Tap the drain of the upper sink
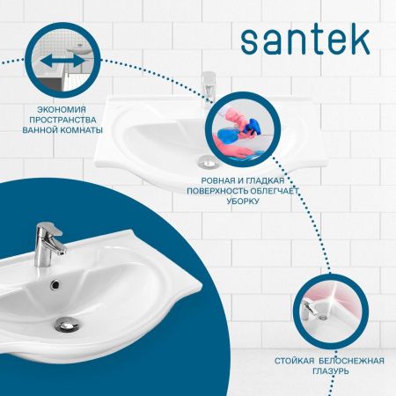(207, 159)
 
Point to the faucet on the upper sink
(209, 88)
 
